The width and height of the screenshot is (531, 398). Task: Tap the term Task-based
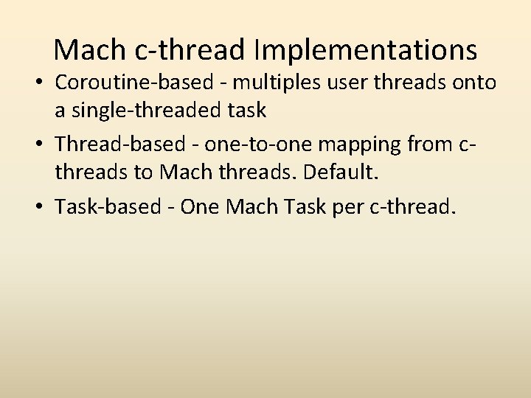coord(105,207)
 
